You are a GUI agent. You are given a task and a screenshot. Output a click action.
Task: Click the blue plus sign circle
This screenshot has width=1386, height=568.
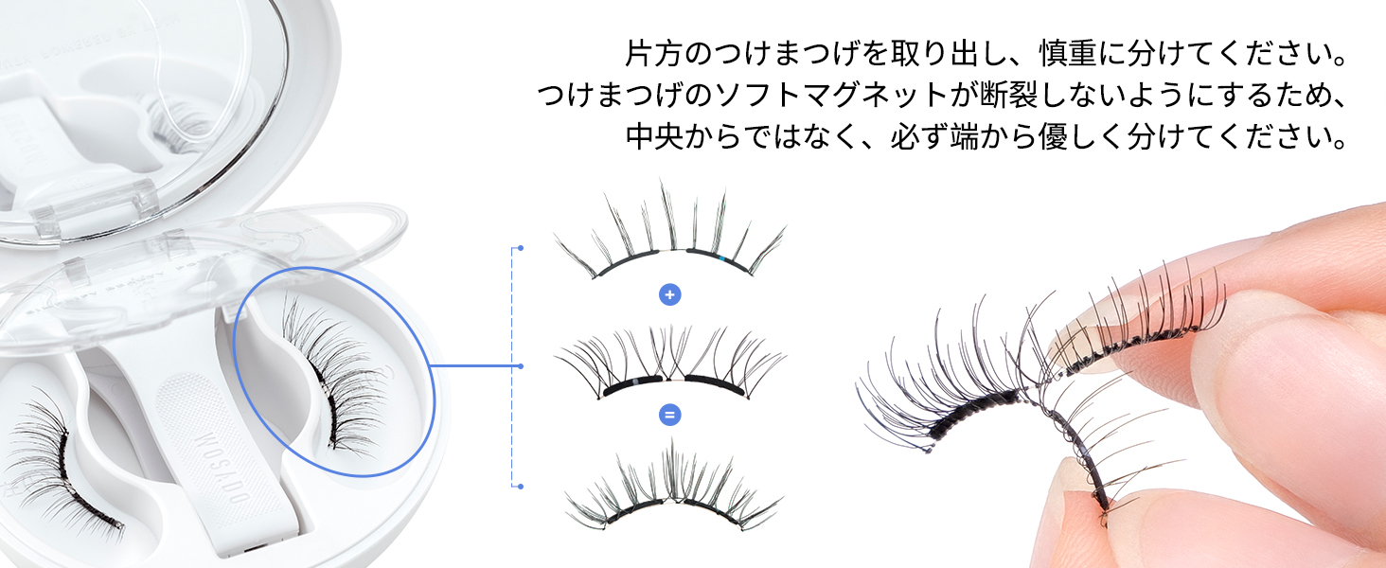pos(670,295)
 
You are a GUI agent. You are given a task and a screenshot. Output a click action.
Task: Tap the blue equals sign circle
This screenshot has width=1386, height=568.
pos(670,415)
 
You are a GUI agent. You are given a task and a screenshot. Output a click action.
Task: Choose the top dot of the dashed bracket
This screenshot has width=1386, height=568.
pos(520,248)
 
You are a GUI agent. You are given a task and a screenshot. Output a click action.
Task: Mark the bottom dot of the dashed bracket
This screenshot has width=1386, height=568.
pos(520,487)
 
